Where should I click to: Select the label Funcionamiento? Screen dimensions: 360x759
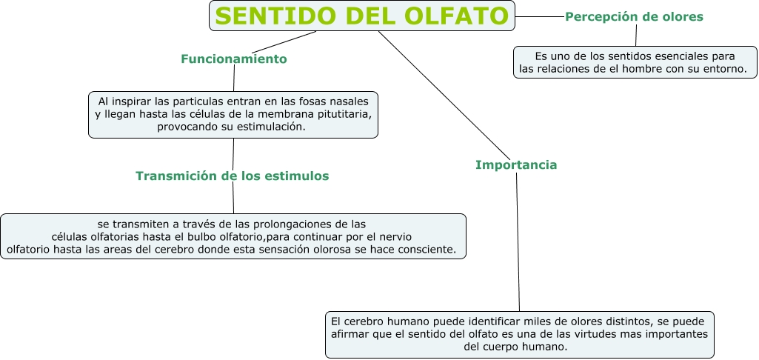pyautogui.click(x=233, y=59)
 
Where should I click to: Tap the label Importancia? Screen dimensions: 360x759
pyautogui.click(x=516, y=164)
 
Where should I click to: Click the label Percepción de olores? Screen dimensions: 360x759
pyautogui.click(x=634, y=16)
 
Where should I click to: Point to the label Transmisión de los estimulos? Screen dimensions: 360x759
pyautogui.click(x=232, y=176)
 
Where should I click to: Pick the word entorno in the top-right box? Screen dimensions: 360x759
pyautogui.click(x=726, y=69)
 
